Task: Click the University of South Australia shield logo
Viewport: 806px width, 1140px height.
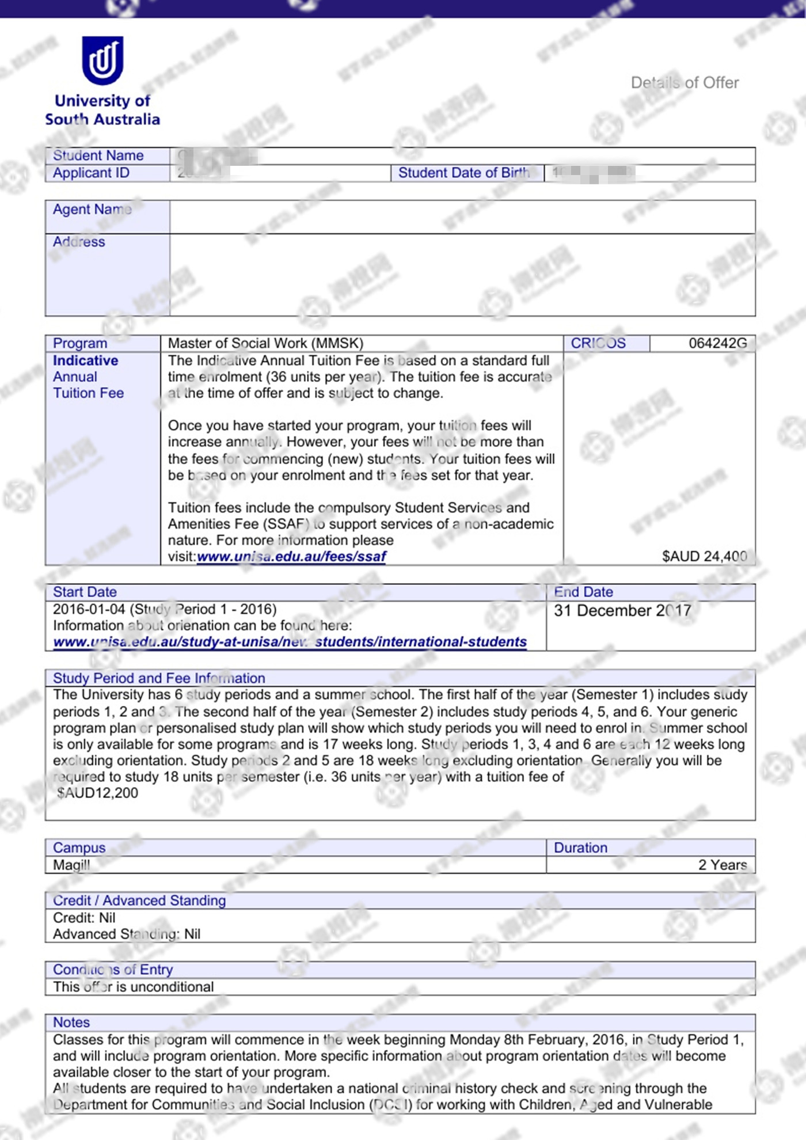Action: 102,60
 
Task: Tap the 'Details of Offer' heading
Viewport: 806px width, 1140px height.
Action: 685,83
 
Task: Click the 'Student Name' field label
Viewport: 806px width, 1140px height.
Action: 98,155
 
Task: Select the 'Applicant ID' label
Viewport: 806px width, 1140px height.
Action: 91,173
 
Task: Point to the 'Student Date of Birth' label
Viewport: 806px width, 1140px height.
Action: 463,173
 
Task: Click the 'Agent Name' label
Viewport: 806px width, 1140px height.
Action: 92,210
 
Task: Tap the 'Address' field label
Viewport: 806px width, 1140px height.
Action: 79,242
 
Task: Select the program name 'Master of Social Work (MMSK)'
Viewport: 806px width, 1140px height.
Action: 265,344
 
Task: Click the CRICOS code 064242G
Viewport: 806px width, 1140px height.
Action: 717,344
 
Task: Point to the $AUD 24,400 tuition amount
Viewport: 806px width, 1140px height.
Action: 704,556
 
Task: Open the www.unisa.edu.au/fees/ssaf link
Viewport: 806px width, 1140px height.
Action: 291,557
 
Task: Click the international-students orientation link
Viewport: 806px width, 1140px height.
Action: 290,642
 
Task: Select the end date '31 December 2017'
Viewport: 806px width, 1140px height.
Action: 622,611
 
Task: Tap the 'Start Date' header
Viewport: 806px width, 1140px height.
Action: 85,592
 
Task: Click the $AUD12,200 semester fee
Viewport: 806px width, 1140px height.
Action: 98,793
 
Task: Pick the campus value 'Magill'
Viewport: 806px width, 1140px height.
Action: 71,865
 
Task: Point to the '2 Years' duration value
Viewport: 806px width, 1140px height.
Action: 722,865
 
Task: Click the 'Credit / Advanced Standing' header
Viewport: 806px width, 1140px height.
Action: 139,900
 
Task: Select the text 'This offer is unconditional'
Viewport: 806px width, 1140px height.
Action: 133,987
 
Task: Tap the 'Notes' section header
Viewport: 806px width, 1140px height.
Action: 71,1023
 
